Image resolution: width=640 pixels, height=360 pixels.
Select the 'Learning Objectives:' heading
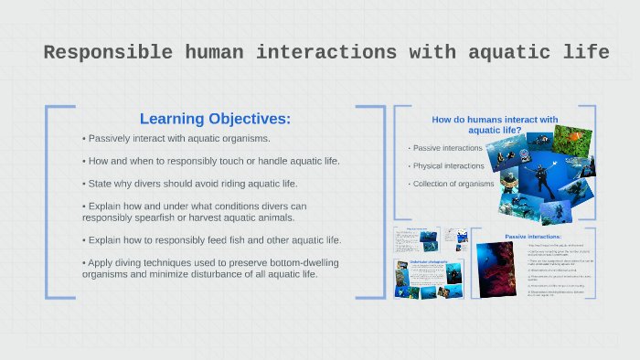(x=215, y=119)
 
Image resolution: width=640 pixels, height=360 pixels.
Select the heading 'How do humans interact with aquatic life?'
(x=494, y=125)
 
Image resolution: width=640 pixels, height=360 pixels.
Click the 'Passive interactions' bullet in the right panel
(x=447, y=148)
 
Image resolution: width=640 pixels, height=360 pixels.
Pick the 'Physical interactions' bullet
(x=448, y=166)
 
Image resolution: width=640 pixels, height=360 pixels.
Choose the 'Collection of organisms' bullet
(x=453, y=184)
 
